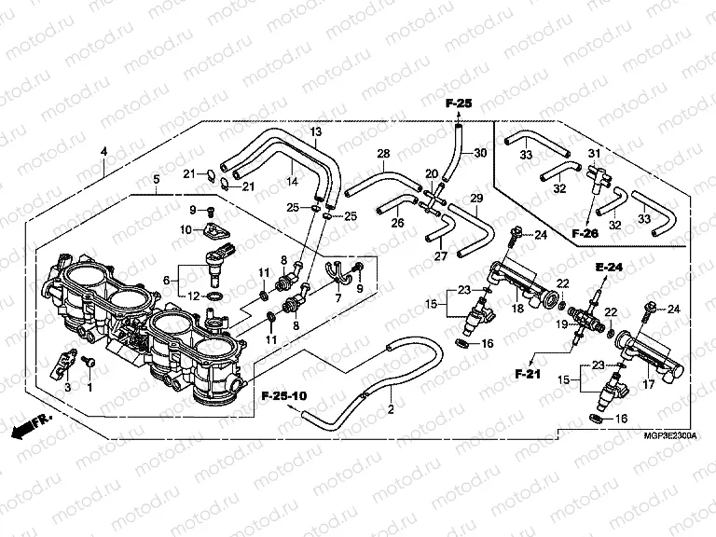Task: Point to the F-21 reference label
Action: coord(529,373)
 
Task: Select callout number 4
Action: coord(103,151)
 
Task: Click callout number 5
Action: coord(155,178)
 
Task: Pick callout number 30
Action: coord(480,153)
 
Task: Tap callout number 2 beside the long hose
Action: coord(392,408)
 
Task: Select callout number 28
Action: coord(382,153)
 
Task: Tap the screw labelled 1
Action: coord(90,359)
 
